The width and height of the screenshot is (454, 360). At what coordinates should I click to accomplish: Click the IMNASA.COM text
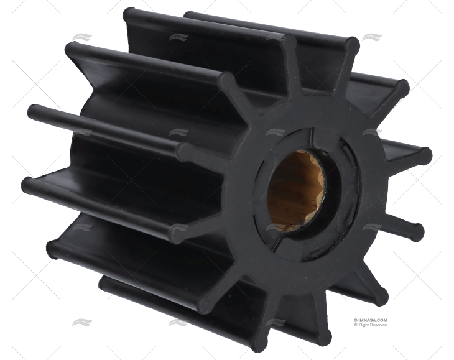click(372, 321)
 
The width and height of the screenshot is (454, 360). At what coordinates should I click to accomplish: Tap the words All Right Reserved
click(371, 325)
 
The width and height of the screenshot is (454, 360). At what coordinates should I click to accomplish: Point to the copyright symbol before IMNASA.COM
click(355, 321)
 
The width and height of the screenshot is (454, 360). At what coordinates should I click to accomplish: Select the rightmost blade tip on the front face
click(425, 155)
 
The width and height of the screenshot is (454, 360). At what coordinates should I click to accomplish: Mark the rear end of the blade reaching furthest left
click(27, 185)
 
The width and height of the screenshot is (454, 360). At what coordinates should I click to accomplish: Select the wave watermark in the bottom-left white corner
click(81, 322)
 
